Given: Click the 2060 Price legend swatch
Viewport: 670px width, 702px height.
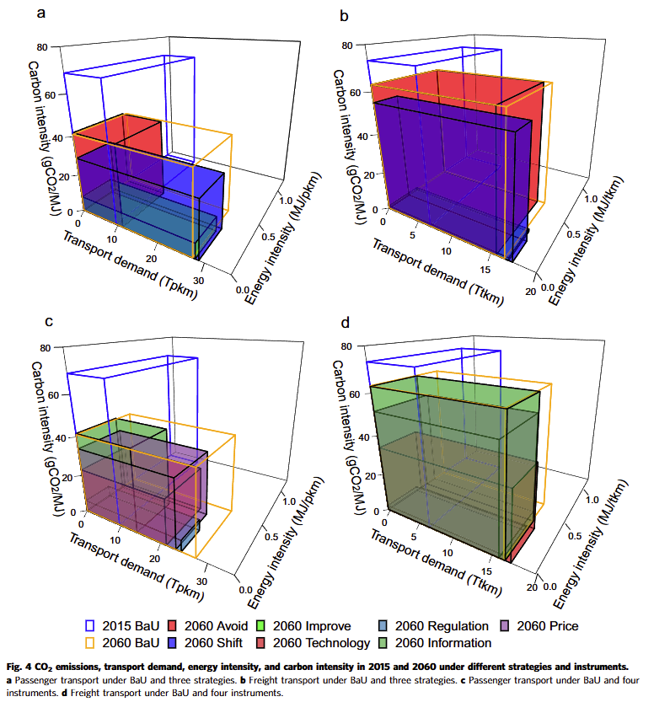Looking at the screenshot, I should click(506, 626).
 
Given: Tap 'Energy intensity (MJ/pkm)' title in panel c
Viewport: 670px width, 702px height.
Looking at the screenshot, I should click(275, 539).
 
